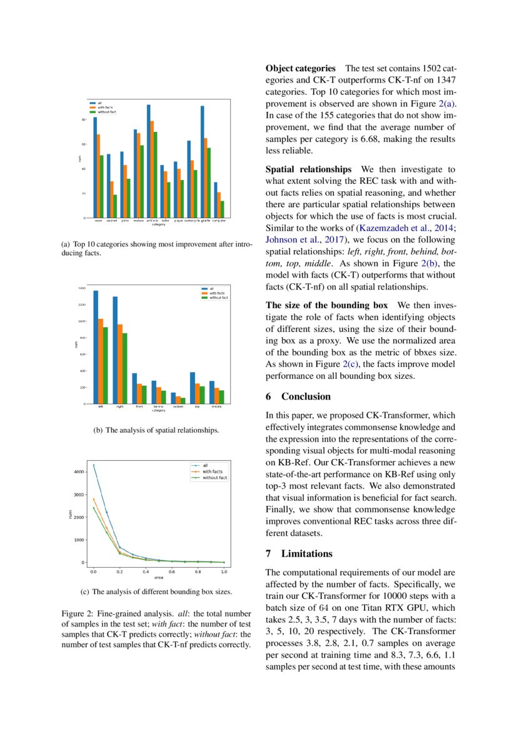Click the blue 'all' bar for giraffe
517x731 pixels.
tap(203, 162)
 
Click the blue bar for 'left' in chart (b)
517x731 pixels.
tap(96, 347)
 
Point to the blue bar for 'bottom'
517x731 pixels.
tap(173, 398)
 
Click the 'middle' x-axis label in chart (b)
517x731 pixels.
tap(216, 407)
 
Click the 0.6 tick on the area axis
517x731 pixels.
tap(171, 572)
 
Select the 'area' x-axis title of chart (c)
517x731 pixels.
tap(158, 577)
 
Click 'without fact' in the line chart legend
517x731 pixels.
tap(214, 478)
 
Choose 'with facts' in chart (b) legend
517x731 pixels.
tap(217, 293)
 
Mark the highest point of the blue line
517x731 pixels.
tap(94, 465)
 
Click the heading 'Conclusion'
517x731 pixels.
tap(306, 396)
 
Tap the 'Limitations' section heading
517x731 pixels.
tap(307, 553)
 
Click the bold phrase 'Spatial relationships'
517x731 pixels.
tap(308, 169)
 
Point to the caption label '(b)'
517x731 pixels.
tap(98, 430)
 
